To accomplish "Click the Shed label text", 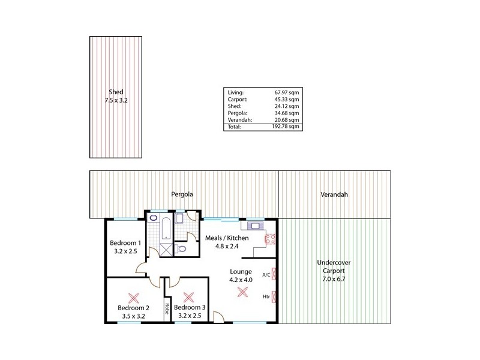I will click(116, 92).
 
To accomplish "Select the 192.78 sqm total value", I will click(286, 127).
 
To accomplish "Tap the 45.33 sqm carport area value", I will click(286, 99).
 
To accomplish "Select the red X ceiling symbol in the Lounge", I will click(242, 292).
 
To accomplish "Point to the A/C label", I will click(265, 274).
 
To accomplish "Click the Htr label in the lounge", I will click(265, 296).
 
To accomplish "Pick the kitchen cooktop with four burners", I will click(270, 239).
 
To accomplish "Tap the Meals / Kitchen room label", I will click(226, 238).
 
